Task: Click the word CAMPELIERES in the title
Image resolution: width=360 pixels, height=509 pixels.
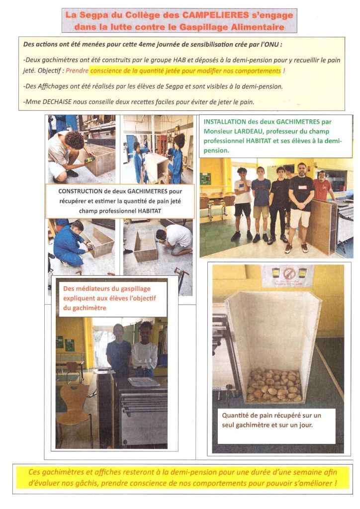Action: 201,15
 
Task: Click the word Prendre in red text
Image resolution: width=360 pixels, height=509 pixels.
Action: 77,71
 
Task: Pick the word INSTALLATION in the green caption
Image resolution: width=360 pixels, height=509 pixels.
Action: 224,121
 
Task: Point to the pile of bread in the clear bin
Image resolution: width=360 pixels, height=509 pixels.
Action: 274,384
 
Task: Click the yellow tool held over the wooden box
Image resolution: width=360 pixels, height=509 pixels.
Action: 90,160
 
